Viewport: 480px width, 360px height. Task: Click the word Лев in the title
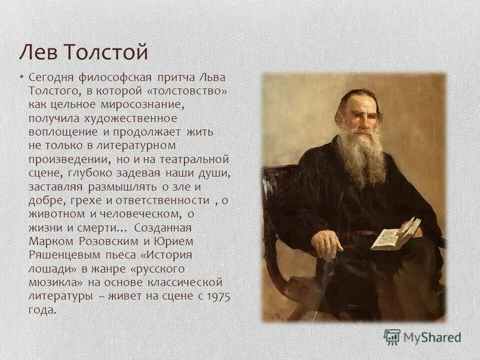[x=35, y=51]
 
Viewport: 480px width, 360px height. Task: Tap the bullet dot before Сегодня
[x=22, y=76]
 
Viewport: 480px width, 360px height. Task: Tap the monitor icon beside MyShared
[x=392, y=337]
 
